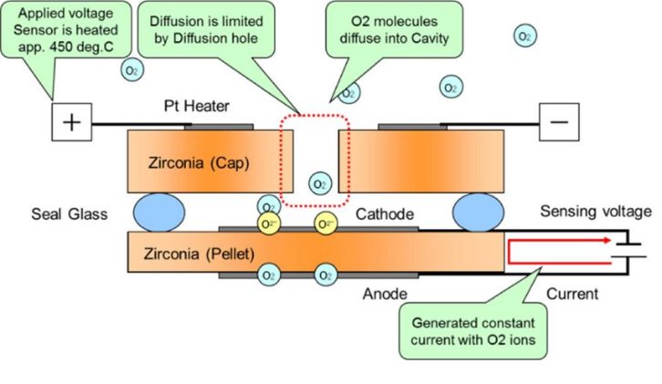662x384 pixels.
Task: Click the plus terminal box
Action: pos(72,124)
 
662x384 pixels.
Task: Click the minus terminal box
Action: pos(558,124)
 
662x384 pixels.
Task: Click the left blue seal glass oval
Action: pos(160,212)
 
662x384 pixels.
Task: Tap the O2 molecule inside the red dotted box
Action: pos(319,183)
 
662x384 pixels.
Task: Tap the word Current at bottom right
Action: pos(573,293)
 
